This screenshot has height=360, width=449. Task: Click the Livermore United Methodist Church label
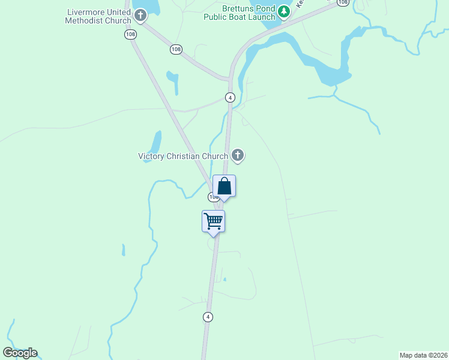pos(98,17)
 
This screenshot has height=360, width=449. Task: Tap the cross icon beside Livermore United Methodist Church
pos(140,16)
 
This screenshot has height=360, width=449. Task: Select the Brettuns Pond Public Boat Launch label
pos(249,13)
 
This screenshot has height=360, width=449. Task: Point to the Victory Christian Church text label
pos(183,157)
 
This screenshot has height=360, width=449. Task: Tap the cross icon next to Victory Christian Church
pos(238,155)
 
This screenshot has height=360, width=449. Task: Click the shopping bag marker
pos(224,187)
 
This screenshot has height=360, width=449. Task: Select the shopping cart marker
pos(213,221)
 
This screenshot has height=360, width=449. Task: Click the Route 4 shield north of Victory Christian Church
pos(230,97)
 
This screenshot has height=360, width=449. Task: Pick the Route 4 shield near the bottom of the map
pos(208,317)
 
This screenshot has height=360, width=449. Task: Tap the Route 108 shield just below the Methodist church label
pos(131,34)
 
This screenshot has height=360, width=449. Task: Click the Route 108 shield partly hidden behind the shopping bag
pos(212,197)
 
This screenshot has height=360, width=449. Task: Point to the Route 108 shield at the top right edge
pos(342,2)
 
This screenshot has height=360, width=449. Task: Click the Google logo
pos(20,353)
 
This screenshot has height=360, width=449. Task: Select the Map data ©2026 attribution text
pos(424,355)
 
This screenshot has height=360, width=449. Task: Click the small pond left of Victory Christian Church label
pos(155,143)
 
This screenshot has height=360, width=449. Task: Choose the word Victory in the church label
pos(152,157)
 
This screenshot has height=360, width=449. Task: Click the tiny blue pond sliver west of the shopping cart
pos(123,250)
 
